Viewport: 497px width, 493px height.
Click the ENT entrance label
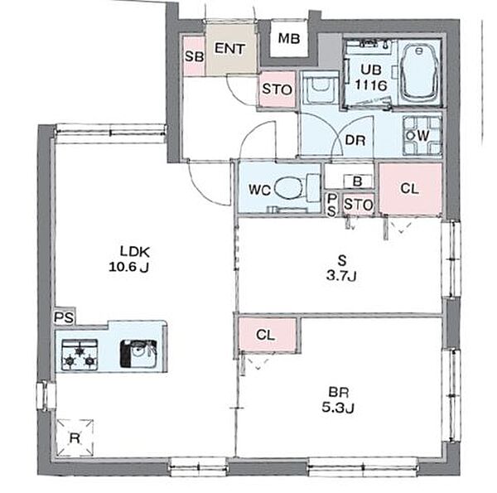click(x=229, y=49)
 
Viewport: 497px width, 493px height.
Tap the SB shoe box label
click(x=194, y=56)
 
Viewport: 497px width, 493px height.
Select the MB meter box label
click(x=289, y=38)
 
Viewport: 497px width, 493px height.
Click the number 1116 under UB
click(x=371, y=85)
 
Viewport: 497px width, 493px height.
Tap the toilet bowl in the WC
click(x=287, y=188)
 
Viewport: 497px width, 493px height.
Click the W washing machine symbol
click(x=422, y=136)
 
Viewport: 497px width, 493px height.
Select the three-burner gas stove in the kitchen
click(x=80, y=355)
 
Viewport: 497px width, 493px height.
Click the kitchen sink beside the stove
click(x=138, y=354)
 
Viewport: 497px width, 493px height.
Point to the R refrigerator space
click(x=75, y=437)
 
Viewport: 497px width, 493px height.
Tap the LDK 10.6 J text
click(x=130, y=259)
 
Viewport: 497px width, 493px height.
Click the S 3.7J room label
click(x=341, y=268)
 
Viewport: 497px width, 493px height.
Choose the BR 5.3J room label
click(x=338, y=399)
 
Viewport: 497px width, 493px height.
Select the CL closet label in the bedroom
click(x=265, y=335)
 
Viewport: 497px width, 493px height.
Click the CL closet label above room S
click(x=409, y=189)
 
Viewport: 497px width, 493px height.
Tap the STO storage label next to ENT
click(x=277, y=89)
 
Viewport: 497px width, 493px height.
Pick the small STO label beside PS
click(x=358, y=205)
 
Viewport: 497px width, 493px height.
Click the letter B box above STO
click(x=358, y=181)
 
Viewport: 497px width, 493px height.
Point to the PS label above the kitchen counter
click(x=64, y=317)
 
